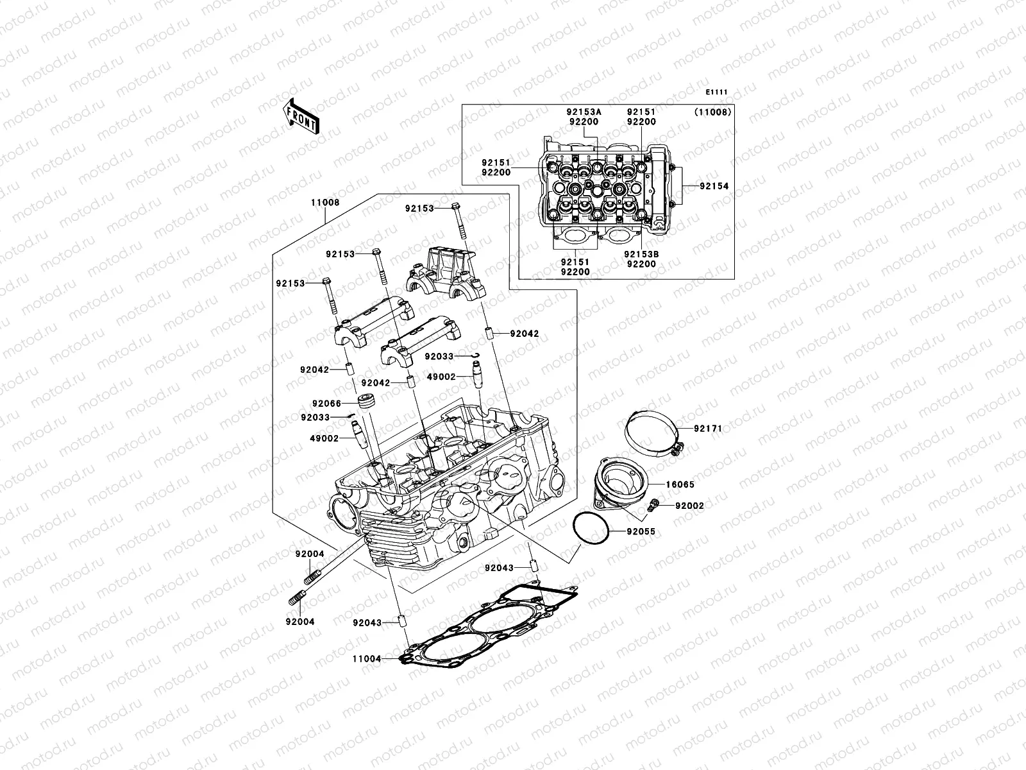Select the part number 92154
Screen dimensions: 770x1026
713,186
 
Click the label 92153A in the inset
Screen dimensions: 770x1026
584,112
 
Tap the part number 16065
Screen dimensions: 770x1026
679,485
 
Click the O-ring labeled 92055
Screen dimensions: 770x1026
591,529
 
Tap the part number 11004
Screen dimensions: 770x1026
367,658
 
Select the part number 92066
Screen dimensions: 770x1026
327,404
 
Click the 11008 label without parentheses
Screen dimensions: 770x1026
325,202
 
